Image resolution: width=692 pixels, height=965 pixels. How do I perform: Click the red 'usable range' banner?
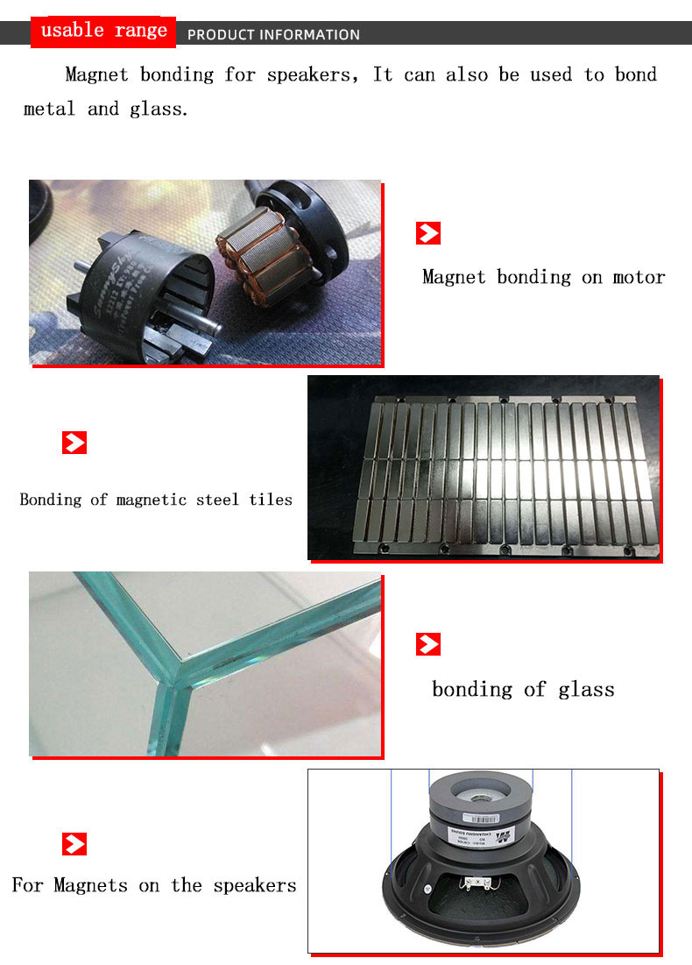[x=103, y=32]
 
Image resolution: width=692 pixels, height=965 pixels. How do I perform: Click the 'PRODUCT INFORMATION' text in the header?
[x=273, y=35]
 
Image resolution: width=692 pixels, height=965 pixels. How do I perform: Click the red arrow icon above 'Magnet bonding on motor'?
[x=427, y=233]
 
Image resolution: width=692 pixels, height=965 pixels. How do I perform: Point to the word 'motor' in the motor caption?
[x=639, y=277]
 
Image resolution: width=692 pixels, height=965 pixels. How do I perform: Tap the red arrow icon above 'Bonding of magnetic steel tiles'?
[x=74, y=443]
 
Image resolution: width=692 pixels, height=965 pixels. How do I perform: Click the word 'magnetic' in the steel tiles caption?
[x=152, y=500]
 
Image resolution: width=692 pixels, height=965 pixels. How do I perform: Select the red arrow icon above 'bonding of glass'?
[x=427, y=645]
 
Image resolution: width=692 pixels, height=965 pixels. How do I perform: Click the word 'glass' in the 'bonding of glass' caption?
[x=586, y=690]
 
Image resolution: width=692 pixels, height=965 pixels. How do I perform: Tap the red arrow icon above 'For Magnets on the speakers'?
[x=74, y=844]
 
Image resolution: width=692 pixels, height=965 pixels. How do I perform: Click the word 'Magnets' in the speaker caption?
[x=90, y=885]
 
